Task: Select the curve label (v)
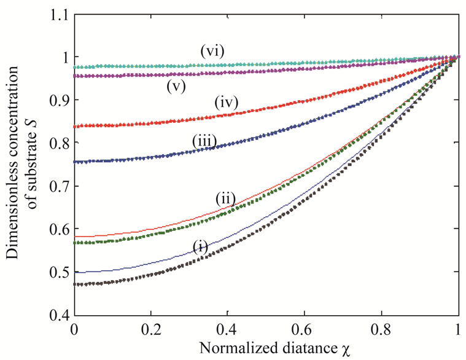[x=176, y=86]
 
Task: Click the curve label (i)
[x=200, y=246]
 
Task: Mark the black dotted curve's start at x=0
[x=75, y=284]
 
